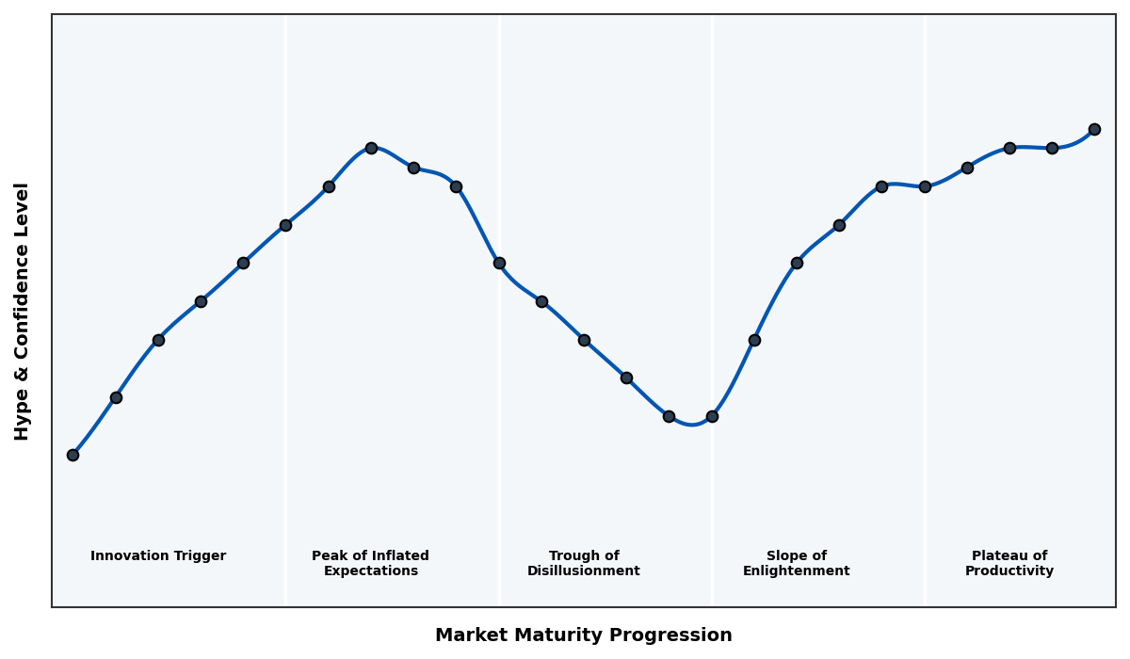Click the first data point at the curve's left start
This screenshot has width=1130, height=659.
[x=73, y=455]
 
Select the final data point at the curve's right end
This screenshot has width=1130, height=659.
[x=1094, y=129]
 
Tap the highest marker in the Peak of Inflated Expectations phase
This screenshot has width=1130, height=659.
[x=371, y=148]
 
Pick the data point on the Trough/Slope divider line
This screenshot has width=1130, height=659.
[x=712, y=416]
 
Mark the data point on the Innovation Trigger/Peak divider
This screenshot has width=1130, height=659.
[x=285, y=225]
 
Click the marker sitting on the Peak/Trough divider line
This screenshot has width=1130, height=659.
[x=499, y=263]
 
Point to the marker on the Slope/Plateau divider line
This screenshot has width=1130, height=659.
[x=925, y=186]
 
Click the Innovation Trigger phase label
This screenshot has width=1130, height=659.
[x=158, y=556]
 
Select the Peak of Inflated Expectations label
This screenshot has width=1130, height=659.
[x=370, y=564]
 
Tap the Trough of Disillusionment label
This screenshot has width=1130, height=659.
[x=584, y=564]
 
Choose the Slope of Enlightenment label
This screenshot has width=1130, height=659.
[x=797, y=564]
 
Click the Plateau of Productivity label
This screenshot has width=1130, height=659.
[x=1009, y=564]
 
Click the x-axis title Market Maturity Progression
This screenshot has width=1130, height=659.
[x=584, y=635]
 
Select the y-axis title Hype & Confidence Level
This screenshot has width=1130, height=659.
[x=23, y=311]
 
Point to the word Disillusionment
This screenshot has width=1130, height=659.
[x=584, y=571]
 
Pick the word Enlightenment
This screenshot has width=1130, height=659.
[x=797, y=571]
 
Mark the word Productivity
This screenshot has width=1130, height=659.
[x=1009, y=571]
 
